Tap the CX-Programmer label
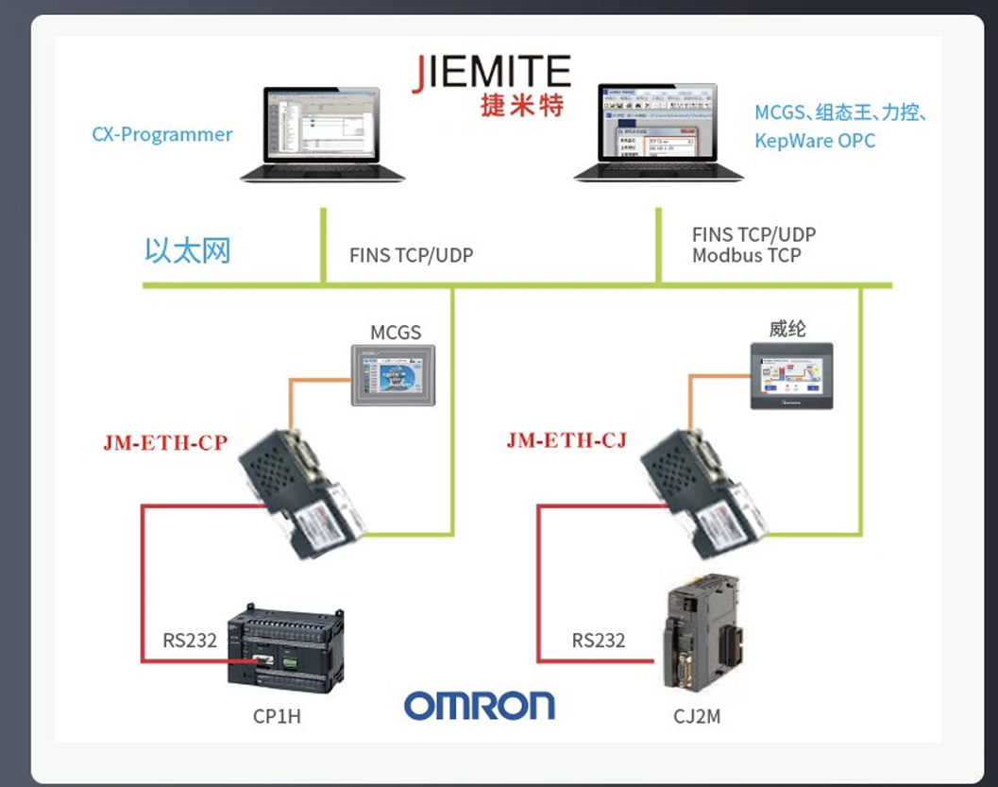click(x=161, y=134)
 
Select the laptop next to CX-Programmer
click(x=322, y=133)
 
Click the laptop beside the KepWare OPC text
click(x=657, y=131)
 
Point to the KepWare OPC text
click(x=814, y=141)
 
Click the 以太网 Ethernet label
click(x=187, y=250)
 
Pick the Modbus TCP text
click(x=746, y=255)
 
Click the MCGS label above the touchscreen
click(x=395, y=332)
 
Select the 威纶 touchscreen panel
click(x=791, y=375)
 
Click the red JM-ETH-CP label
click(x=165, y=442)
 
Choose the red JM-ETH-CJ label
click(x=567, y=440)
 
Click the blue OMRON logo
click(x=480, y=706)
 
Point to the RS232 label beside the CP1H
click(x=190, y=640)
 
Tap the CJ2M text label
click(x=697, y=716)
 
